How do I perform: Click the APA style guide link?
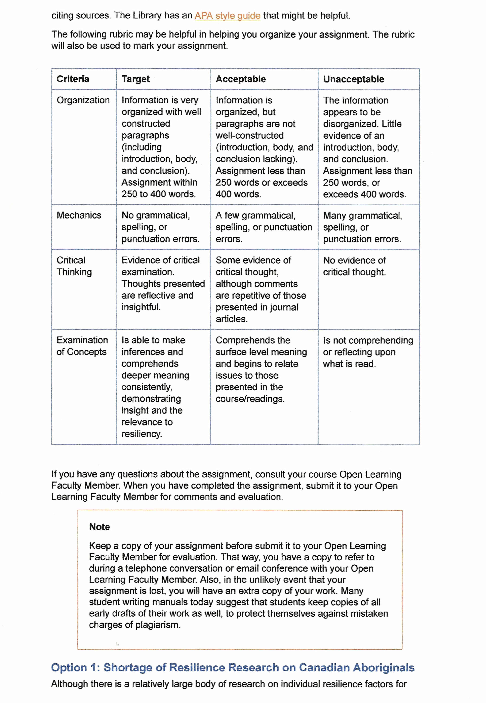coord(227,16)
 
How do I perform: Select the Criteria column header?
coord(73,79)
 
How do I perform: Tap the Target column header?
coord(136,79)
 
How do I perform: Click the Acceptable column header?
coord(241,79)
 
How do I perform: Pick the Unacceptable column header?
coord(353,79)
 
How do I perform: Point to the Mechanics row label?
coord(79,215)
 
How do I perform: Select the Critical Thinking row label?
coord(74,266)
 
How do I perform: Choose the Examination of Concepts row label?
coord(82,346)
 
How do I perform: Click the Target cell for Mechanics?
coord(160,227)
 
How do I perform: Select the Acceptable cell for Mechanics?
coord(264,227)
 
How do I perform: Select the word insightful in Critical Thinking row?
coord(141,307)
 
